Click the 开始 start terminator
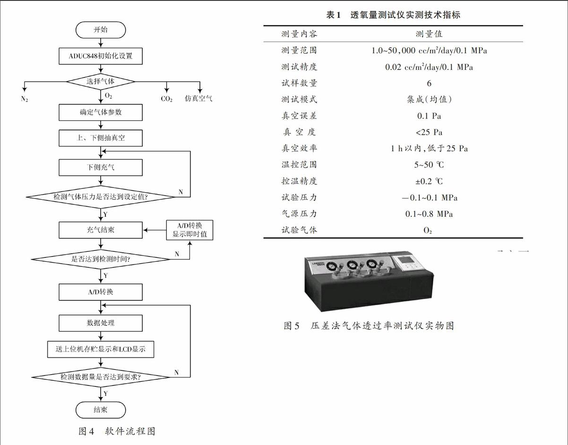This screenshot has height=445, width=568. click(101, 30)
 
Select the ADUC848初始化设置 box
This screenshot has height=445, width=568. click(101, 56)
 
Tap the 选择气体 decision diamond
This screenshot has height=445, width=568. click(101, 81)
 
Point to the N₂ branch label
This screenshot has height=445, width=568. click(24, 99)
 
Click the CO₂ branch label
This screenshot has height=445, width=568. click(166, 99)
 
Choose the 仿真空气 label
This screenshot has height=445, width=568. click(198, 99)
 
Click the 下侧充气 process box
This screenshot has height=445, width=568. click(101, 168)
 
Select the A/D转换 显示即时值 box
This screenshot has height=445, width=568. click(190, 230)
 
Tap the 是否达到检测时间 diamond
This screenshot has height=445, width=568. click(101, 259)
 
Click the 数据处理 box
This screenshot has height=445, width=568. click(101, 323)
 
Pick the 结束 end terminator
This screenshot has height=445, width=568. click(101, 410)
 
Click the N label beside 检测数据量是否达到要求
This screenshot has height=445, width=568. click(176, 372)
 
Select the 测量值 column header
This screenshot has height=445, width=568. click(429, 34)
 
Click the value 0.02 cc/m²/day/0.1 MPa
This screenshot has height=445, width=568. click(429, 67)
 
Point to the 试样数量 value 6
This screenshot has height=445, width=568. click(429, 83)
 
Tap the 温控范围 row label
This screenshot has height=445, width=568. click(299, 164)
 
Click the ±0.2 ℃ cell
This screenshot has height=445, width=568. click(429, 181)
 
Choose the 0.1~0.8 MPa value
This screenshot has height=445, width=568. click(429, 214)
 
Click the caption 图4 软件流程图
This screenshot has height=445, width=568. click(117, 431)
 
